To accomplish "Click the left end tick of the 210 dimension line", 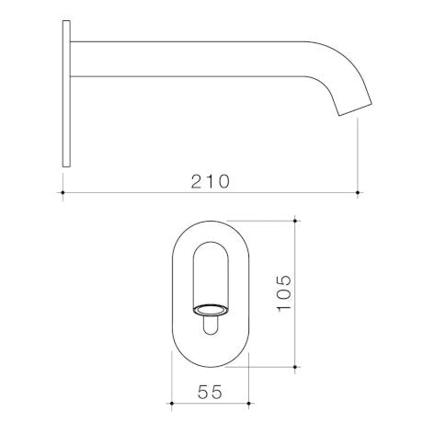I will click(x=63, y=192).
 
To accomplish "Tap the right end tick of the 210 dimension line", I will click(x=358, y=192).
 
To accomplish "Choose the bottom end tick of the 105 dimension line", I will click(x=295, y=366).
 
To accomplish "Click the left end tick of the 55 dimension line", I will click(x=172, y=405).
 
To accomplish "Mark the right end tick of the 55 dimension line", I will click(x=251, y=405).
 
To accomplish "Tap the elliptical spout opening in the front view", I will click(x=211, y=308).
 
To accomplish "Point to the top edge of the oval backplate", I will click(x=211, y=220).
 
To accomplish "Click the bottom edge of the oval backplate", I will click(x=211, y=365).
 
